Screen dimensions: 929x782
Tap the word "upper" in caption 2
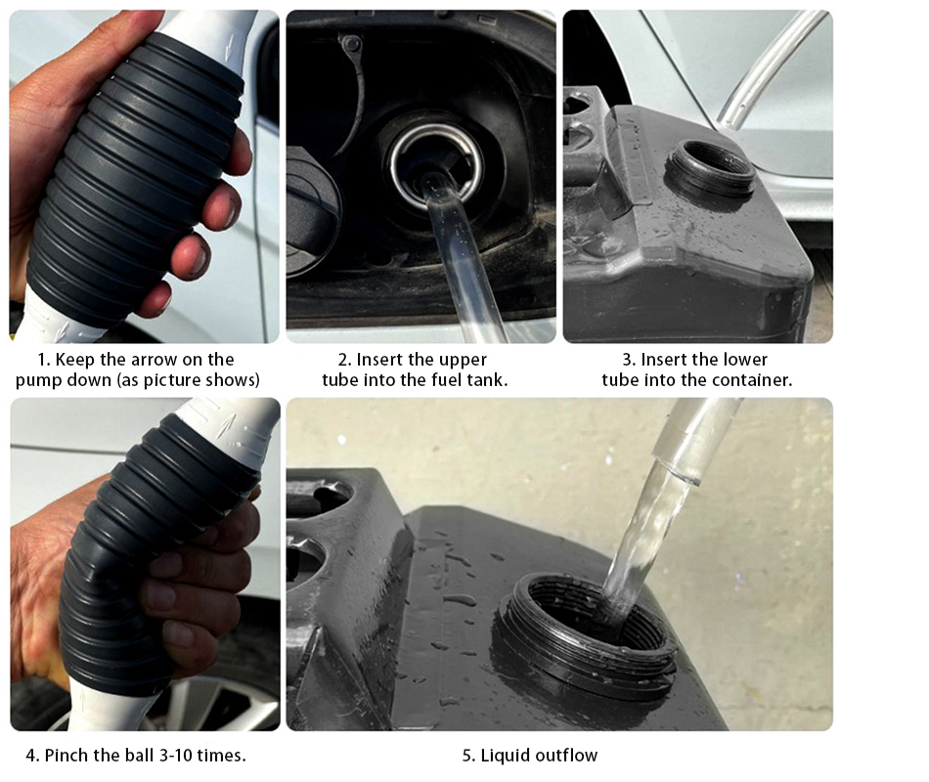click(x=464, y=361)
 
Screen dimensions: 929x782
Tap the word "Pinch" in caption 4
click(x=66, y=756)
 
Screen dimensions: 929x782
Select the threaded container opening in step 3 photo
click(x=709, y=170)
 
